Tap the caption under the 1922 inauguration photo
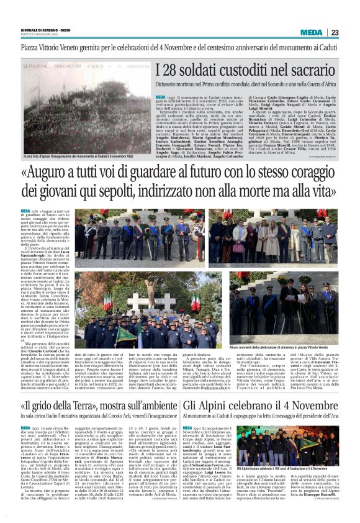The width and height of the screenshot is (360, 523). pyautogui.click(x=78, y=167)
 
